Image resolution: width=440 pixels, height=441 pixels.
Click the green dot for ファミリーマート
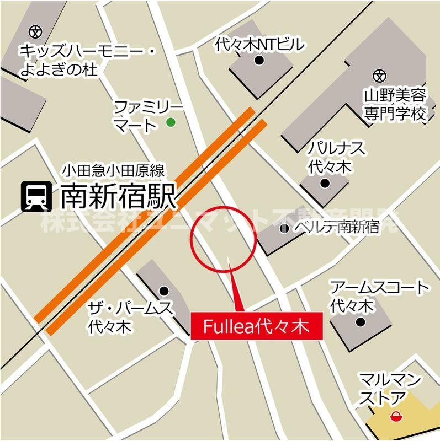171,122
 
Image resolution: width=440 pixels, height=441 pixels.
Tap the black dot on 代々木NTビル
258,61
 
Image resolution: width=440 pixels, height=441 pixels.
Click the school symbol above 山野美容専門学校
379,74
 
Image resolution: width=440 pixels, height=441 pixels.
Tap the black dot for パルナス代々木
325,183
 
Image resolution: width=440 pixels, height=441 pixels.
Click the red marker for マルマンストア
395,416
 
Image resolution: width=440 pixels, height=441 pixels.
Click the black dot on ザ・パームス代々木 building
163,291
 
